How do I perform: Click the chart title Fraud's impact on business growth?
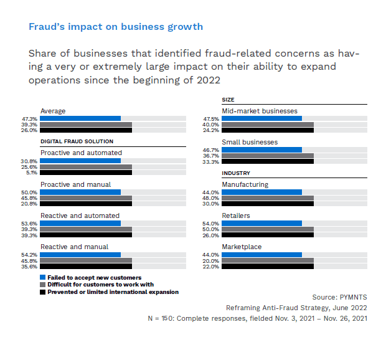(116, 27)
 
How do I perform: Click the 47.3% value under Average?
(29, 118)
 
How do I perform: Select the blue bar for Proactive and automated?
(80, 161)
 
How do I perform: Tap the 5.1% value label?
(31, 173)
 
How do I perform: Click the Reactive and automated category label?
(80, 216)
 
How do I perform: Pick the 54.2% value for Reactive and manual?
(29, 255)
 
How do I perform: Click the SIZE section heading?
(228, 100)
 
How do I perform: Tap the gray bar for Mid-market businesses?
(268, 125)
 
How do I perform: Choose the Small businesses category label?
(250, 142)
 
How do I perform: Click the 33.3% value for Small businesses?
(211, 161)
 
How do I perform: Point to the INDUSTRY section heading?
(236, 173)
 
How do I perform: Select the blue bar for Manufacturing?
(261, 192)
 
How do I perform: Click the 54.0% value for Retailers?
(211, 224)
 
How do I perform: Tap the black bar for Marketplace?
(268, 267)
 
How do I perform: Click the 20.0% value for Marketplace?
(211, 261)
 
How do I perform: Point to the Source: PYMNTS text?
(339, 297)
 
